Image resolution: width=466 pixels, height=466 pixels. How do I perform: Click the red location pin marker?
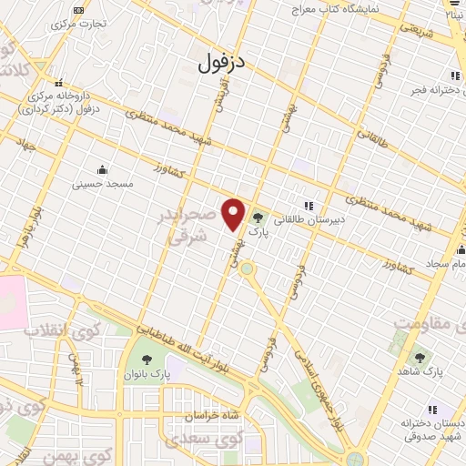(x=234, y=214)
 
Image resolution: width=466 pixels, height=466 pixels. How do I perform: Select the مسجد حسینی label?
(x=103, y=183)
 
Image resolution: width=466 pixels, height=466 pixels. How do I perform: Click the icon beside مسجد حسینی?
(x=102, y=168)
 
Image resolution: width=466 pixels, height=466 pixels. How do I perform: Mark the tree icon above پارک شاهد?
(x=419, y=358)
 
